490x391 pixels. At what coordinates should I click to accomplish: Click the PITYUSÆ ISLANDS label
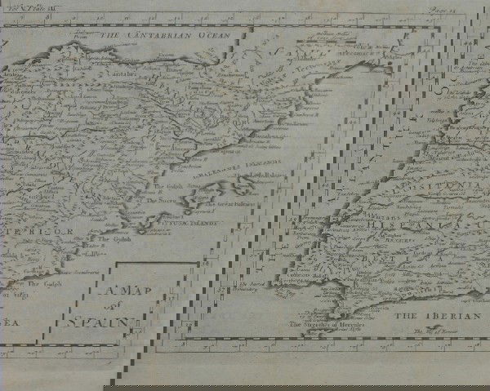click(177, 221)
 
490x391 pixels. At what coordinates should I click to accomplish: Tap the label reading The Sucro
click(160, 198)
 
